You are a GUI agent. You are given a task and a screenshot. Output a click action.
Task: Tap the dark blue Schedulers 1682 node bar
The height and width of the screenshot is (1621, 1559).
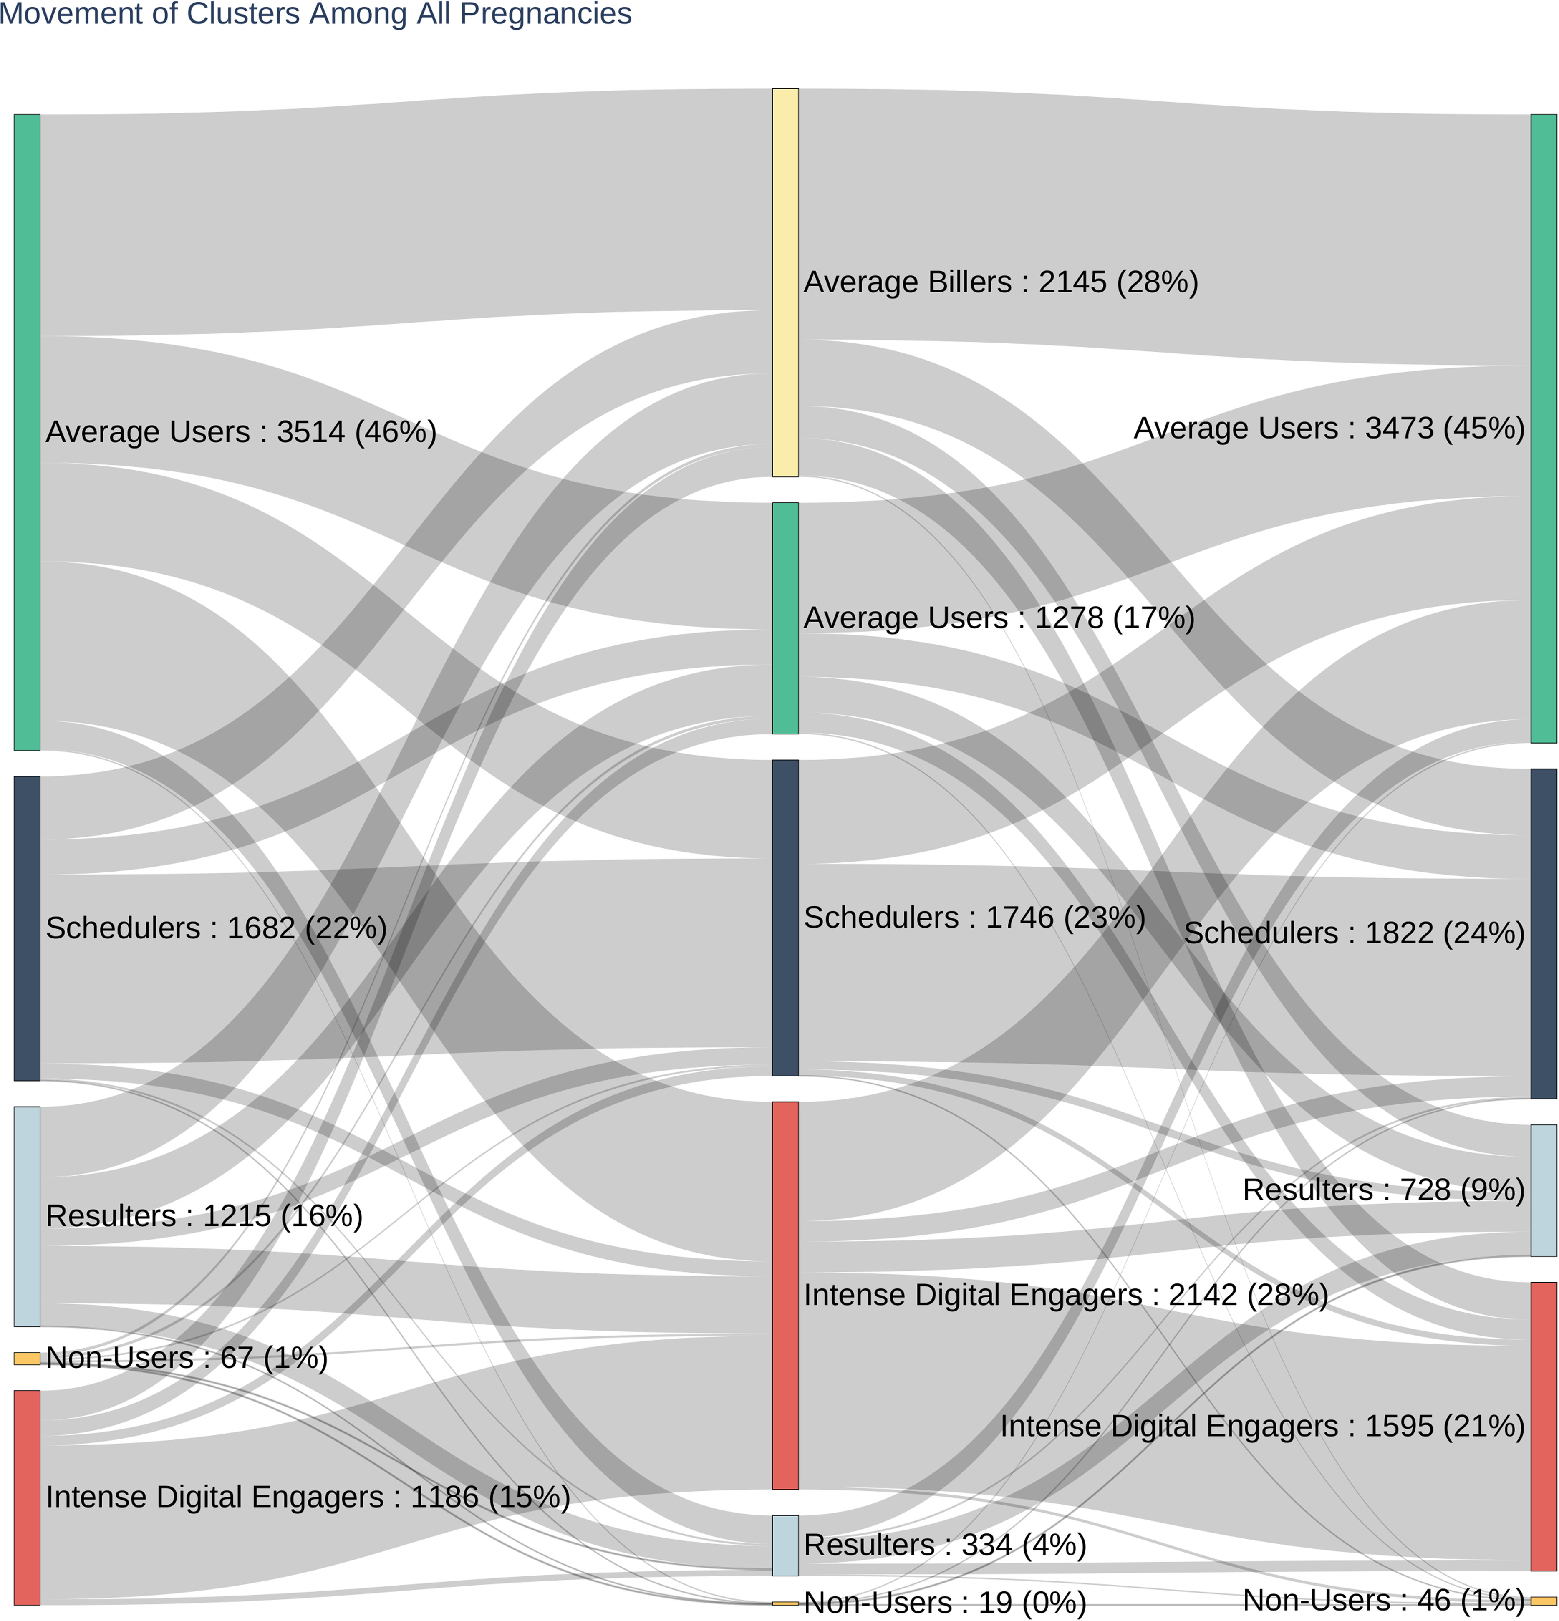pos(26,928)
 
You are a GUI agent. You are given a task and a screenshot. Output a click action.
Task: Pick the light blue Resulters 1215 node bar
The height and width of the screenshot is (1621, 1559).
pos(26,1216)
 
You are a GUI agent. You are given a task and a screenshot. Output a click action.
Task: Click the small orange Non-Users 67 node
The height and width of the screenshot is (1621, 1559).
pos(26,1358)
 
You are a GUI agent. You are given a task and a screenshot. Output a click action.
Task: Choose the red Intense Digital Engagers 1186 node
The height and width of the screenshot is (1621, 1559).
pos(26,1497)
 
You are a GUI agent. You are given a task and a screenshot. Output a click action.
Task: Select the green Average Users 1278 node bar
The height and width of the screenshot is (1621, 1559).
pos(785,618)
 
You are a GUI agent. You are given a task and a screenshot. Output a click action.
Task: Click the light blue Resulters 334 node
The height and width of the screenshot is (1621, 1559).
pos(785,1545)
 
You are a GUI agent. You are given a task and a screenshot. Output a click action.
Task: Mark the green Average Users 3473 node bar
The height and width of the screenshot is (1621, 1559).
pos(1543,429)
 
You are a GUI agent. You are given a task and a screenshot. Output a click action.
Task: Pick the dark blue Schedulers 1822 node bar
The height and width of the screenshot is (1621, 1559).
pos(1543,933)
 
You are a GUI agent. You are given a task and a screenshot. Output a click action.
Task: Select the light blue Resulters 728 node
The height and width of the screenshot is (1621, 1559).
pos(1543,1189)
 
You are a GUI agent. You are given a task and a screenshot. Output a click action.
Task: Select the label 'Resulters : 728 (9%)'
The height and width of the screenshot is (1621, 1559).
pos(1383,1189)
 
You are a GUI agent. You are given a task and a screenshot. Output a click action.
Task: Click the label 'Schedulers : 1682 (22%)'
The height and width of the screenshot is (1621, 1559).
pos(216,928)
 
